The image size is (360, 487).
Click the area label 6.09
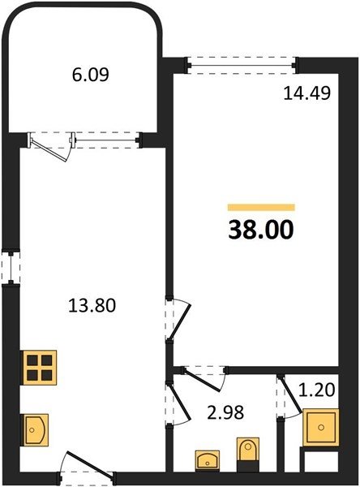[91, 75]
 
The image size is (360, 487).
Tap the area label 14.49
[307, 93]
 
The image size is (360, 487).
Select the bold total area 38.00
[261, 230]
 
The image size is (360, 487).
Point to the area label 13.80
[92, 305]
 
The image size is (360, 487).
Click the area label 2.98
[225, 412]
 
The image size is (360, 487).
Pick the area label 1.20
[316, 390]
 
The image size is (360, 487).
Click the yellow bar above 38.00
[261, 207]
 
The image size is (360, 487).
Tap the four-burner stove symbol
[39, 368]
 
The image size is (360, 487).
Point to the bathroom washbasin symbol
[208, 461]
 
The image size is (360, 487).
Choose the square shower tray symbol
[321, 428]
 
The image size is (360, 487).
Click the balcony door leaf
[49, 151]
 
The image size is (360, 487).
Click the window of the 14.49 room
[242, 65]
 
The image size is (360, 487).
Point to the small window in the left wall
[11, 268]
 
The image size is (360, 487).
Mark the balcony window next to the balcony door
[106, 140]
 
